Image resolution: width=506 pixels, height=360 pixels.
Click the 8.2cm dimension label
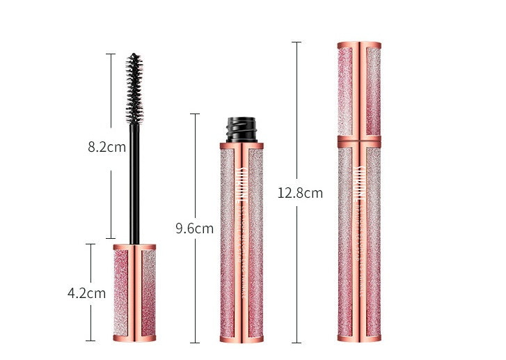(x=106, y=147)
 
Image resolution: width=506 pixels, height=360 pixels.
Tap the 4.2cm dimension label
(x=86, y=293)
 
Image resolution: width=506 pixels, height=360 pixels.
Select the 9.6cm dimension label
(x=194, y=228)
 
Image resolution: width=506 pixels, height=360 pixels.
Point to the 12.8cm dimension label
(x=300, y=193)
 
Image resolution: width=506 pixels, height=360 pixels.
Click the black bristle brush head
(x=134, y=86)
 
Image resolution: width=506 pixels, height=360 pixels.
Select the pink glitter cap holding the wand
(x=134, y=292)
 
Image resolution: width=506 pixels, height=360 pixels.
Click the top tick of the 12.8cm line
(x=296, y=42)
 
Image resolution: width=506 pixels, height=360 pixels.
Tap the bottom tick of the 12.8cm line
(x=296, y=343)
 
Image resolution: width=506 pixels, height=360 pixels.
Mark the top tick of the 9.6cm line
(x=195, y=114)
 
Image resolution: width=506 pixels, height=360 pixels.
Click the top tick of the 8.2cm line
(x=110, y=54)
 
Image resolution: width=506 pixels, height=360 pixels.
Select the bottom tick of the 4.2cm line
(x=90, y=341)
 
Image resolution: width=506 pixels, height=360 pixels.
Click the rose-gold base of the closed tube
(x=359, y=338)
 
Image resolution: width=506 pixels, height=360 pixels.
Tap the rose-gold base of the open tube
(x=242, y=338)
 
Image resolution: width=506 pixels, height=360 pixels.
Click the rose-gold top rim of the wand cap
(x=134, y=246)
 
